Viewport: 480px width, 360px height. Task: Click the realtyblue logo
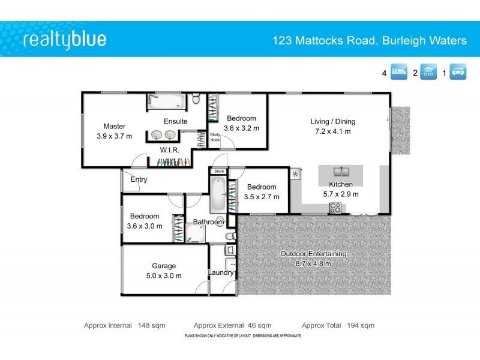click(64, 40)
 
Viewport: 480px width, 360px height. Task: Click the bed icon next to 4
click(400, 73)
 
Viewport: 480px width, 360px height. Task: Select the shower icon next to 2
click(428, 73)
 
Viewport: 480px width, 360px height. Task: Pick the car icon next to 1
click(459, 73)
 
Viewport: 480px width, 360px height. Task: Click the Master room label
click(114, 126)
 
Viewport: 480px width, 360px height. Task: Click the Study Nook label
click(215, 137)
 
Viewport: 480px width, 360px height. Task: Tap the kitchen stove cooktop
click(335, 208)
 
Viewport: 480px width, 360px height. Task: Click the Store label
click(219, 172)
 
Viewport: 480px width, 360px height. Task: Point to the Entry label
click(139, 179)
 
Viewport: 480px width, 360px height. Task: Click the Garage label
click(164, 266)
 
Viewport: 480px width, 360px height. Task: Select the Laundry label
click(220, 273)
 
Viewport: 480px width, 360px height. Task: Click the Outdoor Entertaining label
click(313, 254)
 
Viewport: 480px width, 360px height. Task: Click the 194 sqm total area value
click(361, 325)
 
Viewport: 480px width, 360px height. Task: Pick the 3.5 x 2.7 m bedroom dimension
click(261, 196)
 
